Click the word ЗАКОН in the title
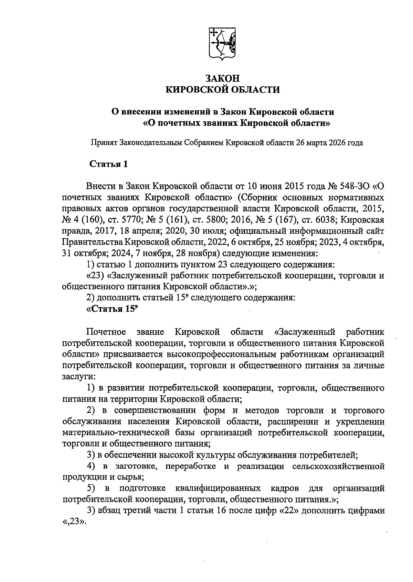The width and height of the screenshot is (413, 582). pyautogui.click(x=223, y=78)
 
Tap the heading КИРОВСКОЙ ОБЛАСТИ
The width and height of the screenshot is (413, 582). pyautogui.click(x=223, y=90)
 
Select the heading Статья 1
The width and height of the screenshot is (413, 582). pyautogui.click(x=108, y=164)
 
